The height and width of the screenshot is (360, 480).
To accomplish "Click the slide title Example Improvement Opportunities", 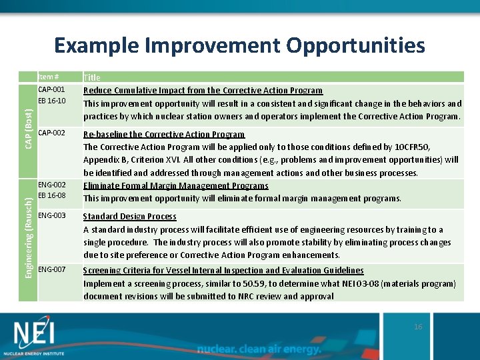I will pyautogui.click(x=239, y=45).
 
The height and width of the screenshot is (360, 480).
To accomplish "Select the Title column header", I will pyautogui.click(x=91, y=78).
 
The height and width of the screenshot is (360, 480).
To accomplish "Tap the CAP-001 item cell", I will pyautogui.click(x=51, y=90).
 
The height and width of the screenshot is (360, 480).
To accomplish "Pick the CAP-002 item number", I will pyautogui.click(x=51, y=133).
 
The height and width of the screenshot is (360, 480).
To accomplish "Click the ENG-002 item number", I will pyautogui.click(x=51, y=185).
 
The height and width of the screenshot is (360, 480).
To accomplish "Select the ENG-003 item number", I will pyautogui.click(x=51, y=215).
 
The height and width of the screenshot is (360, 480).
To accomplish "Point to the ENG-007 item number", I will pyautogui.click(x=51, y=269).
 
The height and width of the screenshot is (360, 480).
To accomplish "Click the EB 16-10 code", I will pyautogui.click(x=51, y=101).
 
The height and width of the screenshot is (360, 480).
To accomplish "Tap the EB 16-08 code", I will pyautogui.click(x=51, y=196).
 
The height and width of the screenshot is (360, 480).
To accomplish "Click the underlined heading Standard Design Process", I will pyautogui.click(x=129, y=217).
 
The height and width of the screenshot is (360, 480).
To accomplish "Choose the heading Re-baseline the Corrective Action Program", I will pyautogui.click(x=163, y=135).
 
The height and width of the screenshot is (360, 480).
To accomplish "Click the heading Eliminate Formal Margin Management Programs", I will pyautogui.click(x=175, y=186).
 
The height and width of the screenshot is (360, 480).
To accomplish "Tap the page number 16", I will pyautogui.click(x=418, y=327).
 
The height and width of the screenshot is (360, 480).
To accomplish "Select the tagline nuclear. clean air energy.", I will pyautogui.click(x=259, y=349).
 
